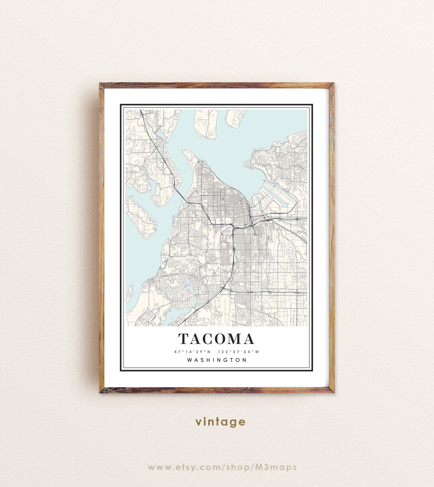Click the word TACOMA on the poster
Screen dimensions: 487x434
pos(217,339)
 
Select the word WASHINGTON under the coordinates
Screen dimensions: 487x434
pos(217,360)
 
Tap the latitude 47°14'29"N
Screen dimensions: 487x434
pos(192,352)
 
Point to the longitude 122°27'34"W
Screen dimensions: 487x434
pos(239,352)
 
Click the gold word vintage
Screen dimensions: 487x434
pos(220,422)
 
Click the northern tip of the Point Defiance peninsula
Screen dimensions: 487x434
pos(186,152)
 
